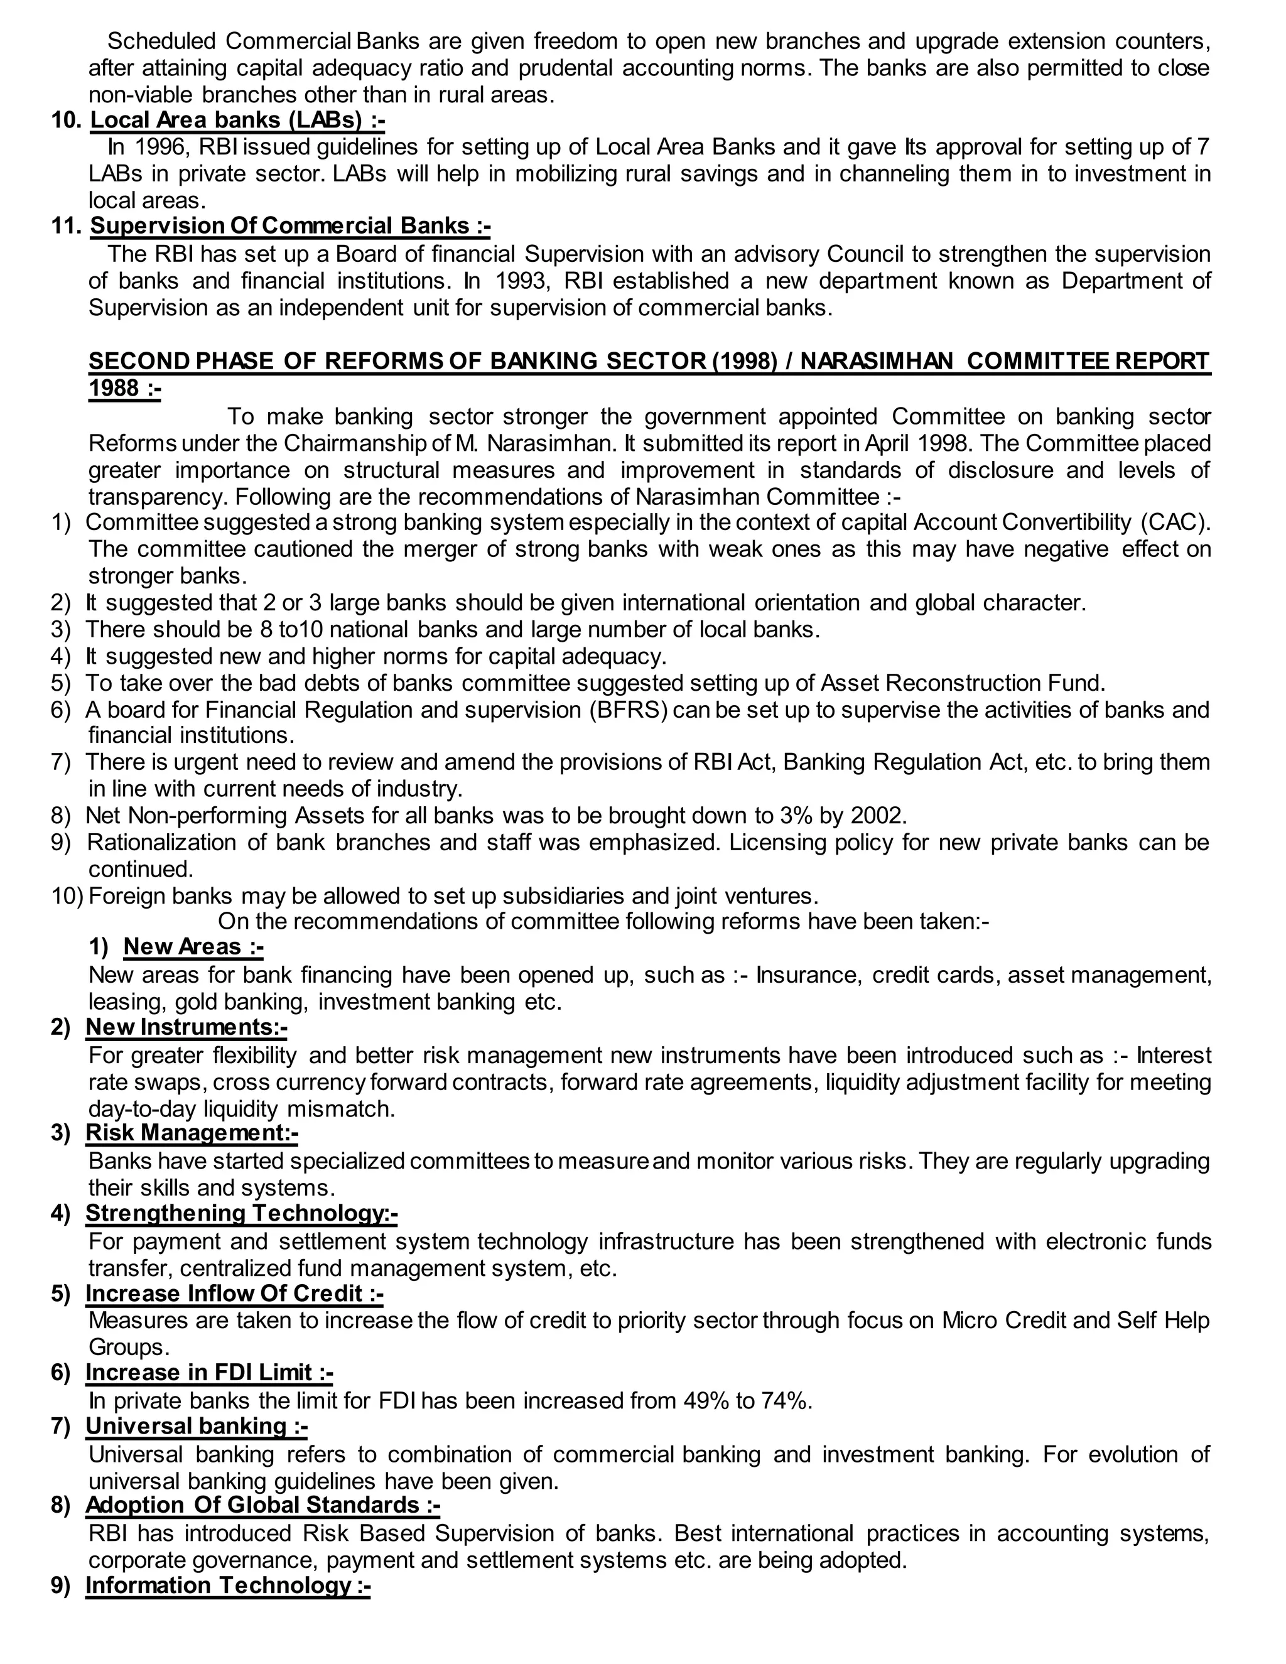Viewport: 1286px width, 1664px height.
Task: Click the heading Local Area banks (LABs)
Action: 237,121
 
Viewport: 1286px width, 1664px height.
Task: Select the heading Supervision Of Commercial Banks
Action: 290,225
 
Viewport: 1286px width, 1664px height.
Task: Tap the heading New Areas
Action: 193,946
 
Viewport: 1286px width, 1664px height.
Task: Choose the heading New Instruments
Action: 186,1027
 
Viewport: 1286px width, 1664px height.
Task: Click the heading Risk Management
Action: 192,1133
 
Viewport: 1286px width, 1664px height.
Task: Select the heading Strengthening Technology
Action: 240,1213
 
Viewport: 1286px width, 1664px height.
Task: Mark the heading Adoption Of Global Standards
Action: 262,1506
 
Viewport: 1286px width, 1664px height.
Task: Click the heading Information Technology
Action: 227,1586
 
